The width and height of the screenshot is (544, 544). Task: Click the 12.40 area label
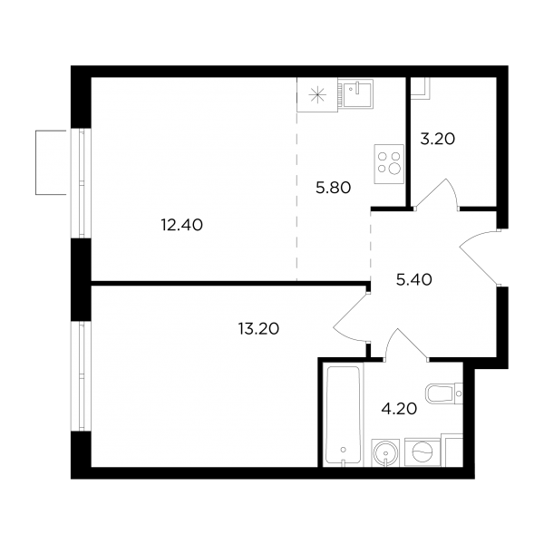(182, 225)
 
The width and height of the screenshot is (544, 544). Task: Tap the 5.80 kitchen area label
(334, 188)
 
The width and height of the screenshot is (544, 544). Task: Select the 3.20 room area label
(438, 139)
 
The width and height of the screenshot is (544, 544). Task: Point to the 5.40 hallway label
(414, 279)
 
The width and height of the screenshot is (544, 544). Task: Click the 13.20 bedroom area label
(258, 328)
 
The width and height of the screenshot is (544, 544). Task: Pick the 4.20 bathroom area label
(399, 409)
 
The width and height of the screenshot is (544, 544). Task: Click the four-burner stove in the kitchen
(389, 164)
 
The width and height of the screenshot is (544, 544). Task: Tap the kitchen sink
(356, 92)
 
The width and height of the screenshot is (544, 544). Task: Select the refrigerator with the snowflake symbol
(317, 94)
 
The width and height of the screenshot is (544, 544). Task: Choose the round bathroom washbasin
(386, 452)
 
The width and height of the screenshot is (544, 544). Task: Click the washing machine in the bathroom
(423, 452)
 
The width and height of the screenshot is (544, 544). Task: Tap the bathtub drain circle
(343, 450)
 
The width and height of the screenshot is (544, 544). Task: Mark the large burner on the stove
(394, 169)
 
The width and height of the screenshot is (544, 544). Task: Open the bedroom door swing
(350, 317)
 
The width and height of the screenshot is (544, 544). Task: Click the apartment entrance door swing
(480, 257)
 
